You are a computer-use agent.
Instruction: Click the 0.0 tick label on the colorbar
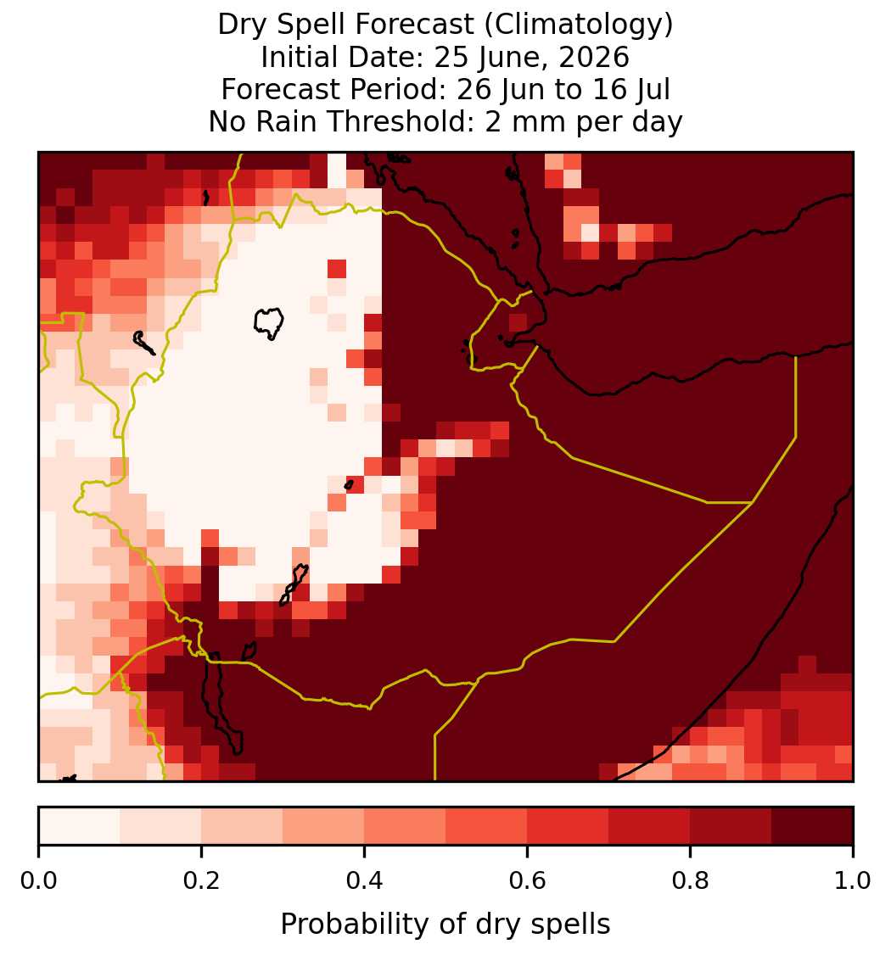point(38,880)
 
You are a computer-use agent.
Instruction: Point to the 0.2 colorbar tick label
point(201,880)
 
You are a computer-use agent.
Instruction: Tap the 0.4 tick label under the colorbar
point(365,880)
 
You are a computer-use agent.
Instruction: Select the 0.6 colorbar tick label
point(528,880)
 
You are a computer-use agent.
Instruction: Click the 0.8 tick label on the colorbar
point(691,880)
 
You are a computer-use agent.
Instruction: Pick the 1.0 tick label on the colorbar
point(853,880)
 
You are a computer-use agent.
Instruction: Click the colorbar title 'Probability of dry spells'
point(445,925)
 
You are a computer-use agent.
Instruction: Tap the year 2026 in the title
point(594,58)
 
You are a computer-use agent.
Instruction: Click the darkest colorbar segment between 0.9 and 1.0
point(812,826)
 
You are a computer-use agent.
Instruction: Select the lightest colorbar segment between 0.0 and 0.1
point(80,826)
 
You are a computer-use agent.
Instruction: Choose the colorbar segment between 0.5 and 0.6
point(487,826)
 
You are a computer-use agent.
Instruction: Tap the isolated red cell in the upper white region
point(337,269)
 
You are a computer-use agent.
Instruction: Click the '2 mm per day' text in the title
point(584,121)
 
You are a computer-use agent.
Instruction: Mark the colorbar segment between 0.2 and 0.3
point(243,826)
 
